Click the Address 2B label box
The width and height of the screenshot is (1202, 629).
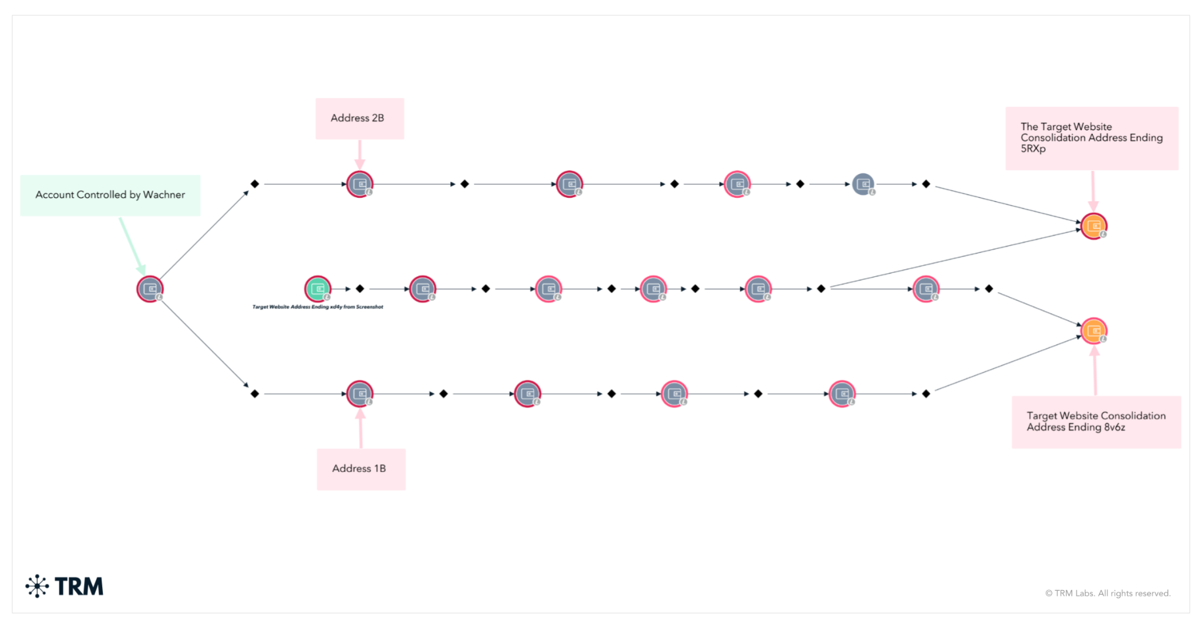(x=359, y=119)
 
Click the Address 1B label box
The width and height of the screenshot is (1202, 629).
(x=360, y=469)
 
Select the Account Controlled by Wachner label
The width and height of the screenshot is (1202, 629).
(x=110, y=195)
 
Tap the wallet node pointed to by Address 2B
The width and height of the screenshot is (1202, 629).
(x=359, y=184)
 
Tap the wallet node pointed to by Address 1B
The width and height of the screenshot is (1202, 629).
(x=359, y=394)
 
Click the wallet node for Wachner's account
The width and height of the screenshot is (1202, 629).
(x=150, y=289)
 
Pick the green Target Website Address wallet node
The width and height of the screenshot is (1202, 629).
(x=318, y=289)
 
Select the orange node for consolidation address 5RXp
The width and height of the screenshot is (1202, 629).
(x=1093, y=226)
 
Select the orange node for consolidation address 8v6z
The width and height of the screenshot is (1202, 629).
(x=1093, y=331)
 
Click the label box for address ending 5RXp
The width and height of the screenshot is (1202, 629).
(x=1091, y=138)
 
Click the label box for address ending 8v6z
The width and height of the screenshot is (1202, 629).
(x=1096, y=422)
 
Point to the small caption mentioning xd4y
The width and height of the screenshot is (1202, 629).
(x=318, y=307)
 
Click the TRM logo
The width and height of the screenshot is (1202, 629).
(x=65, y=586)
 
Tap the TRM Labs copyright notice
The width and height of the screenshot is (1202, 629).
(x=1108, y=593)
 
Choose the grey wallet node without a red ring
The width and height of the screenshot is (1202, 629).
(x=863, y=184)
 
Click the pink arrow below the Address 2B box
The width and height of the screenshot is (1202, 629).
(x=360, y=154)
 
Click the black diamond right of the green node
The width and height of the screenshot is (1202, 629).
(x=360, y=289)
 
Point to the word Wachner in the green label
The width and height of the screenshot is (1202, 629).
(x=164, y=195)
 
